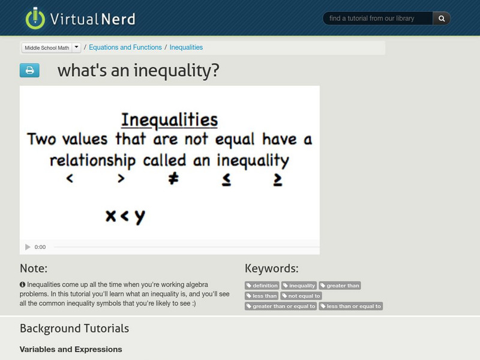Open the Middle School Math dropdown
tap(76, 47)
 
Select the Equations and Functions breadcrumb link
tap(125, 47)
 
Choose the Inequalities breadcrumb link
tap(186, 47)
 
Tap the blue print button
tap(29, 71)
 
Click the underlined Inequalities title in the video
tap(169, 120)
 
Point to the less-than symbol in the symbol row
tap(70, 179)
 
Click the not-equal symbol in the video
tap(173, 179)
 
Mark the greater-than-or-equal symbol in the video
tap(277, 179)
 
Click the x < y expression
tap(125, 216)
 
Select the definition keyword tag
tap(262, 286)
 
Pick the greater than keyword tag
tap(340, 286)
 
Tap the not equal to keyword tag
tap(301, 296)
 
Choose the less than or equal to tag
tap(350, 306)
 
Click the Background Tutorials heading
tap(74, 328)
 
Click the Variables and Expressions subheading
tap(71, 349)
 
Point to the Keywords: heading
tap(271, 268)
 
